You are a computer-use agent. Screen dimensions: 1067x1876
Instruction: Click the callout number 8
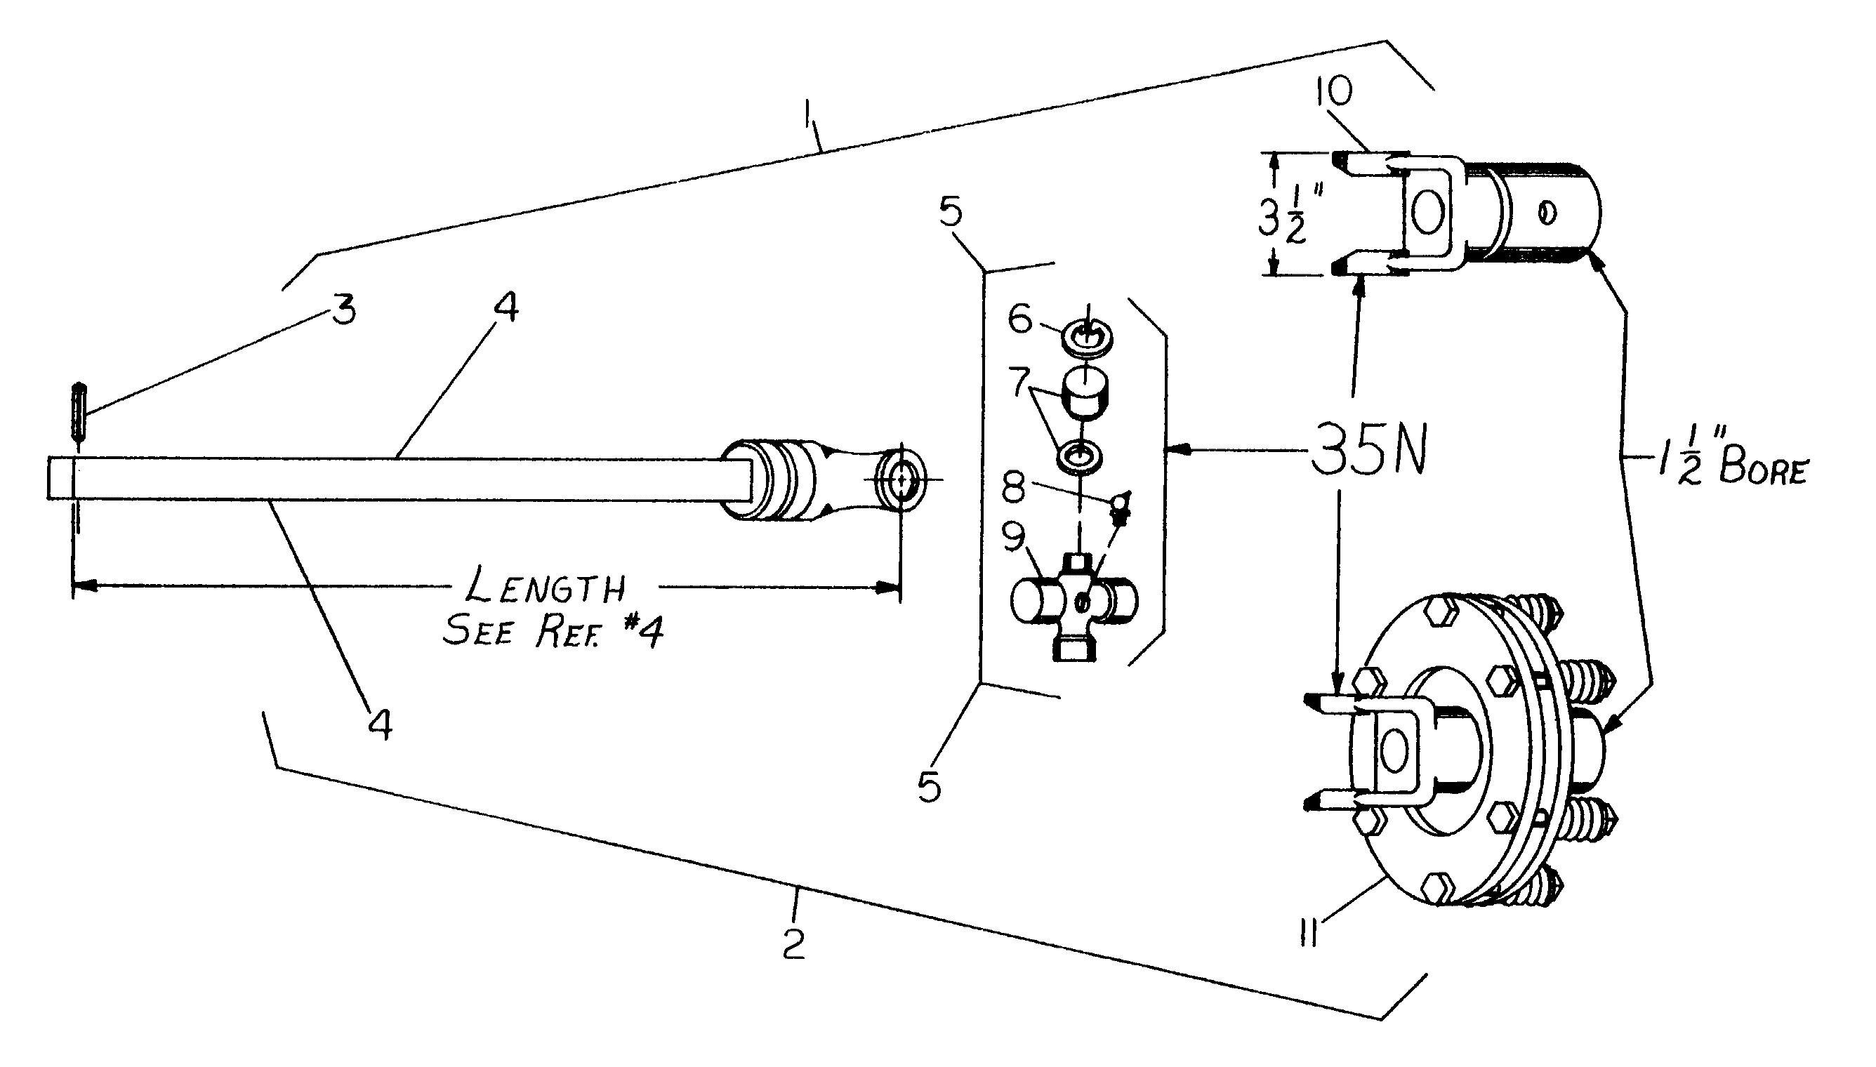[1014, 487]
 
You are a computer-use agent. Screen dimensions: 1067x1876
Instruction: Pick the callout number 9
[1014, 538]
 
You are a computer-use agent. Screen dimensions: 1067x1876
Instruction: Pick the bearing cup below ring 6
[1086, 394]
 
